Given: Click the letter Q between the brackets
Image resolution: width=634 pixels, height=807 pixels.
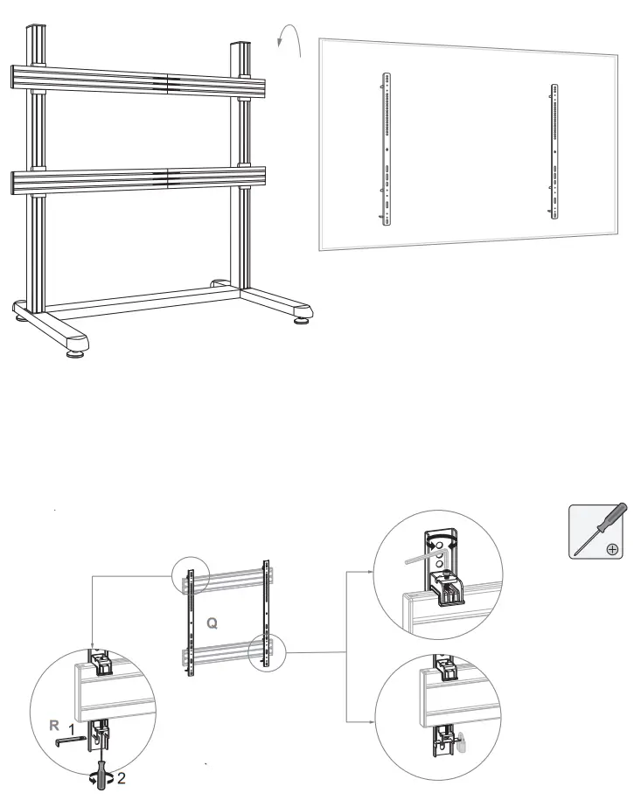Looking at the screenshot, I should pos(212,623).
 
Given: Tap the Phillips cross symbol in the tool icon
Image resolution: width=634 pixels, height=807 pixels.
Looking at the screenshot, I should pos(612,549).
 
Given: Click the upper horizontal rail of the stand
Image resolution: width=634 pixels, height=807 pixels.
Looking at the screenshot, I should pos(140,82).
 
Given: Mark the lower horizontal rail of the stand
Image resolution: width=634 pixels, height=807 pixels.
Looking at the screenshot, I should pos(140,181).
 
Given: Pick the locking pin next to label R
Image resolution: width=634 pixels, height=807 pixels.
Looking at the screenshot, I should pos(69,741).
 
